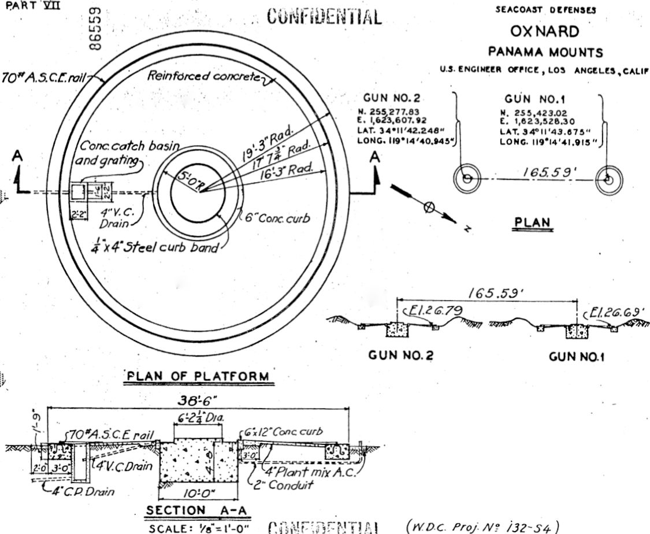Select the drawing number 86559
pos(98,29)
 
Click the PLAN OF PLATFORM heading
pos(198,377)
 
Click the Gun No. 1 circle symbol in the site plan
pos(608,179)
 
